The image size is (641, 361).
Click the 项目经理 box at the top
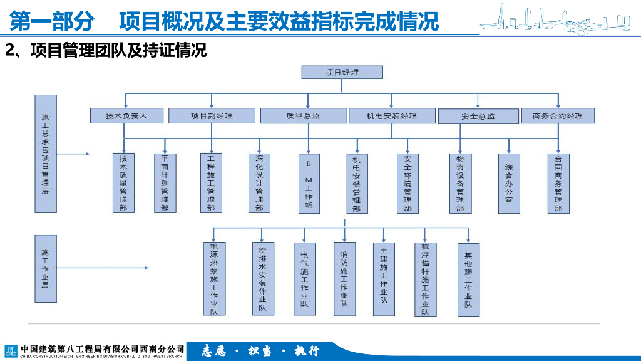point(342,72)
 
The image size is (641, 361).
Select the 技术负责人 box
point(126,116)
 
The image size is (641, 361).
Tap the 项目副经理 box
point(212,116)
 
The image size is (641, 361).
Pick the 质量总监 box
point(303,116)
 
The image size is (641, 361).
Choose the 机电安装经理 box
point(392,116)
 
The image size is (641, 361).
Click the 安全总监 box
point(478,117)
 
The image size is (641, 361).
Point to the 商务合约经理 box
point(558,116)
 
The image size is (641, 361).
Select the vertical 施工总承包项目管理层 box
point(46,154)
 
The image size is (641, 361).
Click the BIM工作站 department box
point(309,184)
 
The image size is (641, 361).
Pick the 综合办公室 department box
point(509,184)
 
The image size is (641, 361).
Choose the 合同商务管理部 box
point(558,184)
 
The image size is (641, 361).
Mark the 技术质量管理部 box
point(123,182)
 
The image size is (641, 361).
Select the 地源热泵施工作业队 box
point(214,278)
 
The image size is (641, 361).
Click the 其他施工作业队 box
point(468,278)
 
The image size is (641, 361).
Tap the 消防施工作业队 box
point(344,278)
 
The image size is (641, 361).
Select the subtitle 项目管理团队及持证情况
point(106,50)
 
